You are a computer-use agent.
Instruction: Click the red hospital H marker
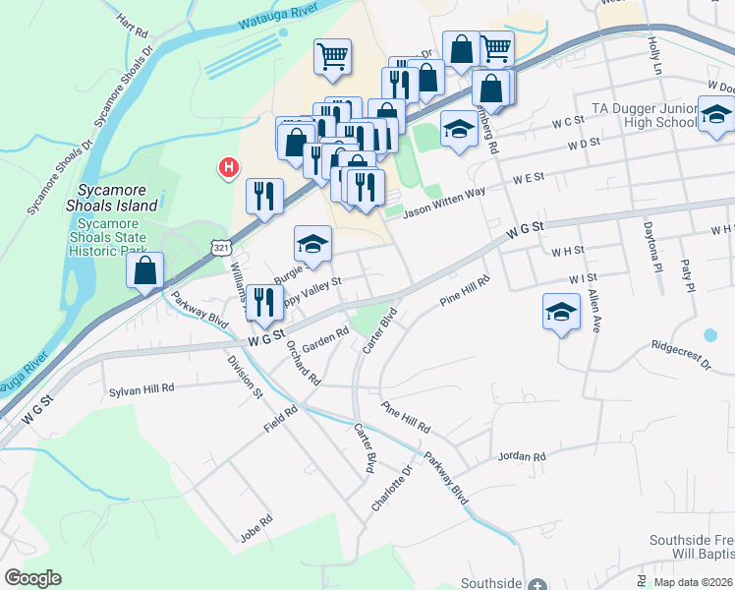point(229,168)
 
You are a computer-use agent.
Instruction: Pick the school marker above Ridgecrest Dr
point(561,313)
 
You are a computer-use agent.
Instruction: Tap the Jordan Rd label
point(521,456)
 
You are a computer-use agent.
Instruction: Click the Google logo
point(32,578)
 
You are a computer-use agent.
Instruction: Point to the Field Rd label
point(280,420)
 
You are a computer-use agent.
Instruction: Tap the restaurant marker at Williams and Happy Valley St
point(262,301)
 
